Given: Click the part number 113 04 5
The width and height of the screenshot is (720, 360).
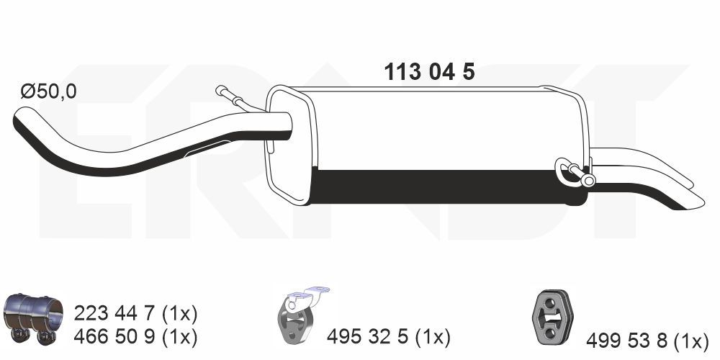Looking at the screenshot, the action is click(429, 72).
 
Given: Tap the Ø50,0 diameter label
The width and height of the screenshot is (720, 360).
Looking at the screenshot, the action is click(49, 92).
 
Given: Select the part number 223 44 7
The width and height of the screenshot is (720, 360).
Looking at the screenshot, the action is click(116, 314).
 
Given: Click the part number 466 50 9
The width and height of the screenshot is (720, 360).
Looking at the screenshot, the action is click(116, 338).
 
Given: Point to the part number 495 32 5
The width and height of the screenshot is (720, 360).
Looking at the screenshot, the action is click(368, 338).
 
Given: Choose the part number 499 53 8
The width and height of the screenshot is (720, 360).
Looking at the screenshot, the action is click(627, 341).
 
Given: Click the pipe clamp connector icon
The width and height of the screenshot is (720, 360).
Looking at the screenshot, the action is click(33, 318).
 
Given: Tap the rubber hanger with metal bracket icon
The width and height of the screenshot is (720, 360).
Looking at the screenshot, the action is click(299, 315).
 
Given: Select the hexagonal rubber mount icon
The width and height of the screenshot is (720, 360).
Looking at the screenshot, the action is click(552, 316).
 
